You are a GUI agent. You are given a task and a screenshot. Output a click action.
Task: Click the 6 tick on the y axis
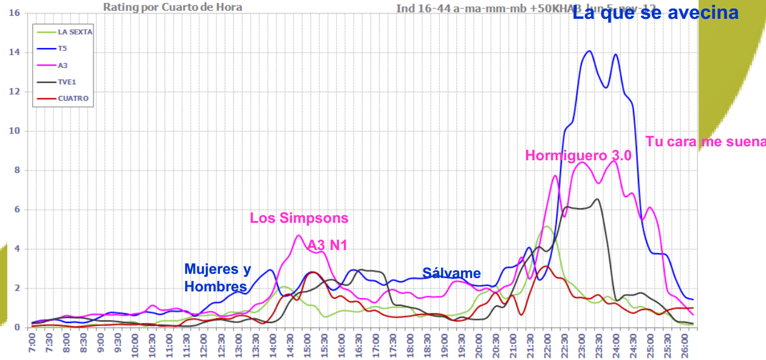17,209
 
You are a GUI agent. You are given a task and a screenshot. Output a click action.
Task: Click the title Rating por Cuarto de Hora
173,7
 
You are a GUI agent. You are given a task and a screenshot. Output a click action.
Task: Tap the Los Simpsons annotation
299,218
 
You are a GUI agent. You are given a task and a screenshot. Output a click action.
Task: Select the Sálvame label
451,273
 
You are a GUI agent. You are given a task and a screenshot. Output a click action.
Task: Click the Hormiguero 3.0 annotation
578,155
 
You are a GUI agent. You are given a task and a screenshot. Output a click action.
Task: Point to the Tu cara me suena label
705,141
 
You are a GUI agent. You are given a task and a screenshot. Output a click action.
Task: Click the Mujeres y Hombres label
217,277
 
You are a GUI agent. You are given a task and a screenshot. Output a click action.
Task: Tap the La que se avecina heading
655,13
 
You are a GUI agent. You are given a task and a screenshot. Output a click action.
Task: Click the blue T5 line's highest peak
589,51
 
